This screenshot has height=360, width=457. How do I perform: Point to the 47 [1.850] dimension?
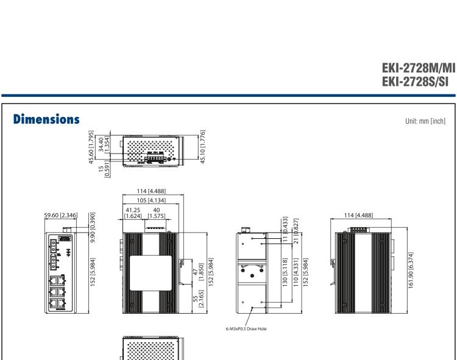(191, 278)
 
